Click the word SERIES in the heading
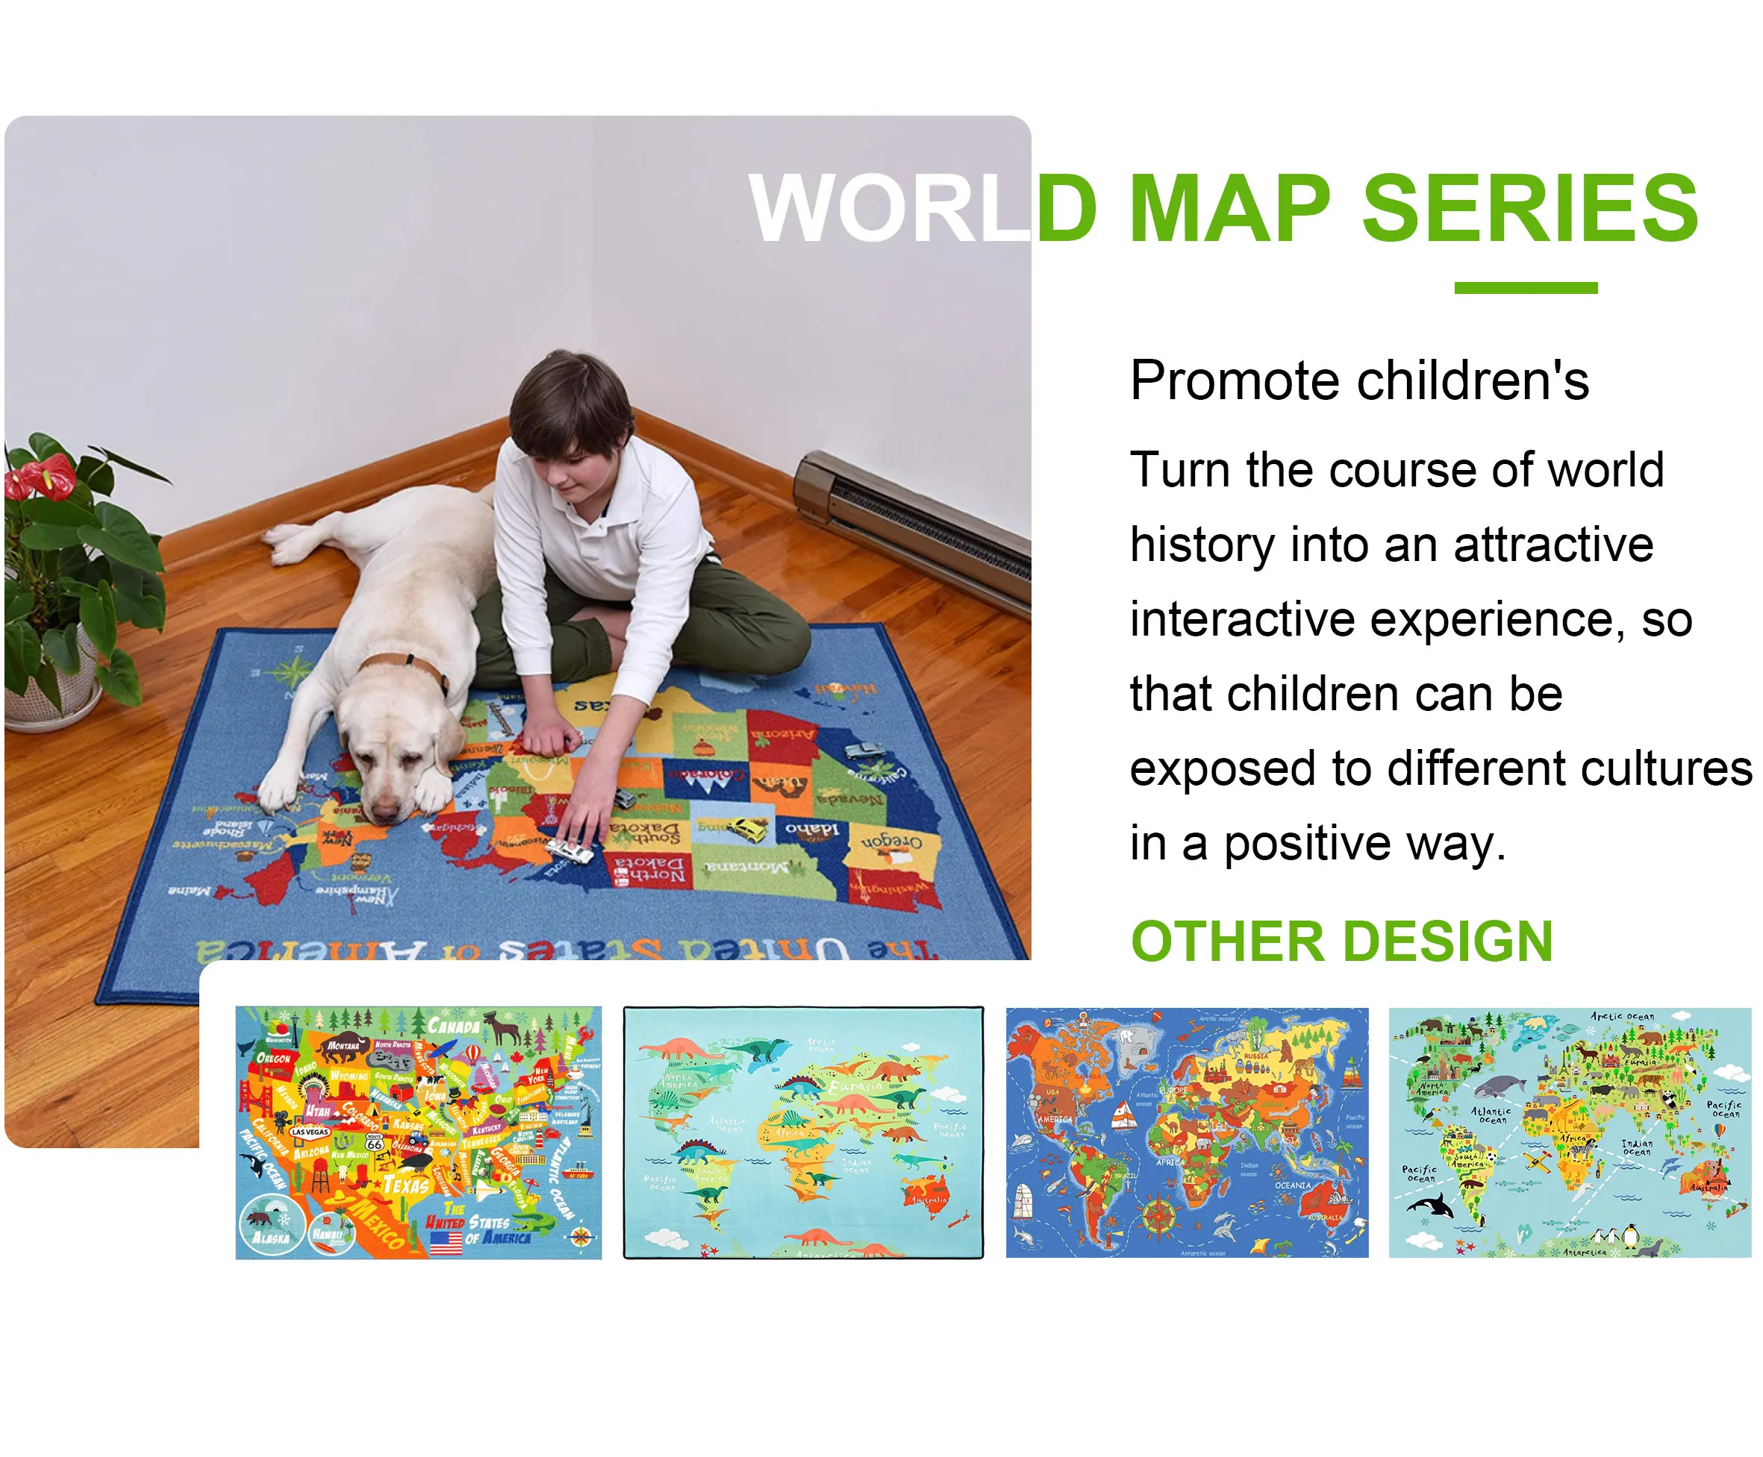tap(1529, 208)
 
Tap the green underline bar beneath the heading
tap(1526, 288)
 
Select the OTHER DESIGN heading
tap(1341, 941)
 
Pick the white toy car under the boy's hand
tap(570, 851)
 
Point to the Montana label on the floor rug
tap(747, 865)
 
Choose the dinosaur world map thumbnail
tap(803, 1132)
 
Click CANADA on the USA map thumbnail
tap(453, 1026)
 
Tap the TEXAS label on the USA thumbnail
tap(406, 1185)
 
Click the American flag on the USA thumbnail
tap(446, 1242)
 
